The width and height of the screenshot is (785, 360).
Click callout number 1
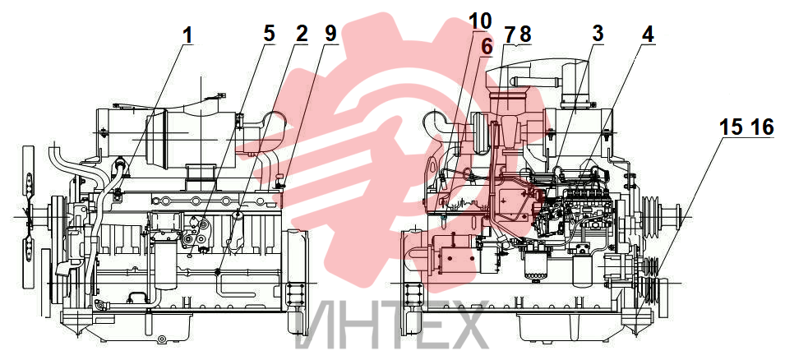point(187,35)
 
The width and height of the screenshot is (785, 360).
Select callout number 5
point(269,34)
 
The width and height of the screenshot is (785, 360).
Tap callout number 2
point(302,34)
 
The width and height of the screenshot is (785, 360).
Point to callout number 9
point(331,34)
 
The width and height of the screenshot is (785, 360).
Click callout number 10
point(480,21)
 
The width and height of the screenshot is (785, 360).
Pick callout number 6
point(487,47)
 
